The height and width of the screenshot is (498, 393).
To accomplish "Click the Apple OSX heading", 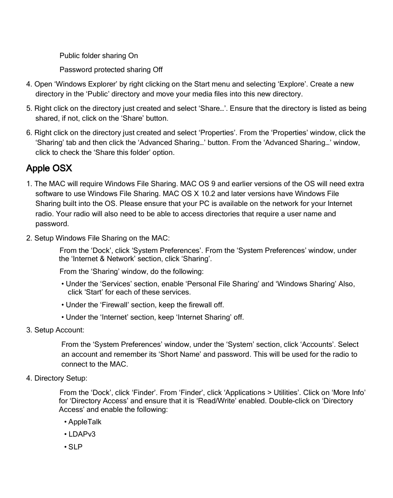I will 49,168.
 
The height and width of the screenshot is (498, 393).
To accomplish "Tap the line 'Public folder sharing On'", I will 99,56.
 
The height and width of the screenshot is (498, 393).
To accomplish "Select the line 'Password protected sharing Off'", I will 111,70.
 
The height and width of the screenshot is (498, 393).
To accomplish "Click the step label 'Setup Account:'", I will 59,330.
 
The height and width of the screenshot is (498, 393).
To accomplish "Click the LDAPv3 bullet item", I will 82,434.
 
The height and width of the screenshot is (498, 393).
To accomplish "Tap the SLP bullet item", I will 75,447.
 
